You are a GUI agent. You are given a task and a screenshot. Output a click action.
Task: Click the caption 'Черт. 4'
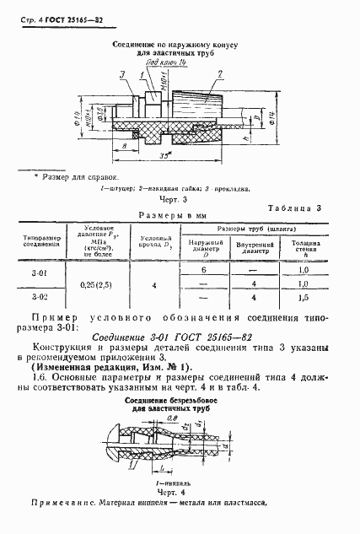click(180, 492)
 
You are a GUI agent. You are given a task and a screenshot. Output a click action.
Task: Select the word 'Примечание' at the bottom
click(54, 504)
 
